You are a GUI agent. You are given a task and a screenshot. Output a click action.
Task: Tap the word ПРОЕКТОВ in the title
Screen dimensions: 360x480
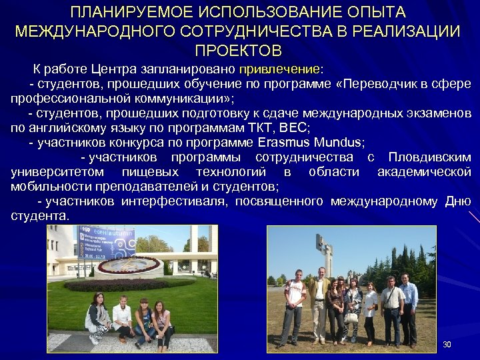point(238,51)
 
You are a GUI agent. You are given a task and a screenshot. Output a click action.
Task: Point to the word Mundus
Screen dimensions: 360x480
point(333,143)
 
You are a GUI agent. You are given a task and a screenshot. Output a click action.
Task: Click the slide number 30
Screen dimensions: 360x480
point(447,345)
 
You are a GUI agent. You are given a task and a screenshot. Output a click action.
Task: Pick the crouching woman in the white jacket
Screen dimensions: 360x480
point(123,319)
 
